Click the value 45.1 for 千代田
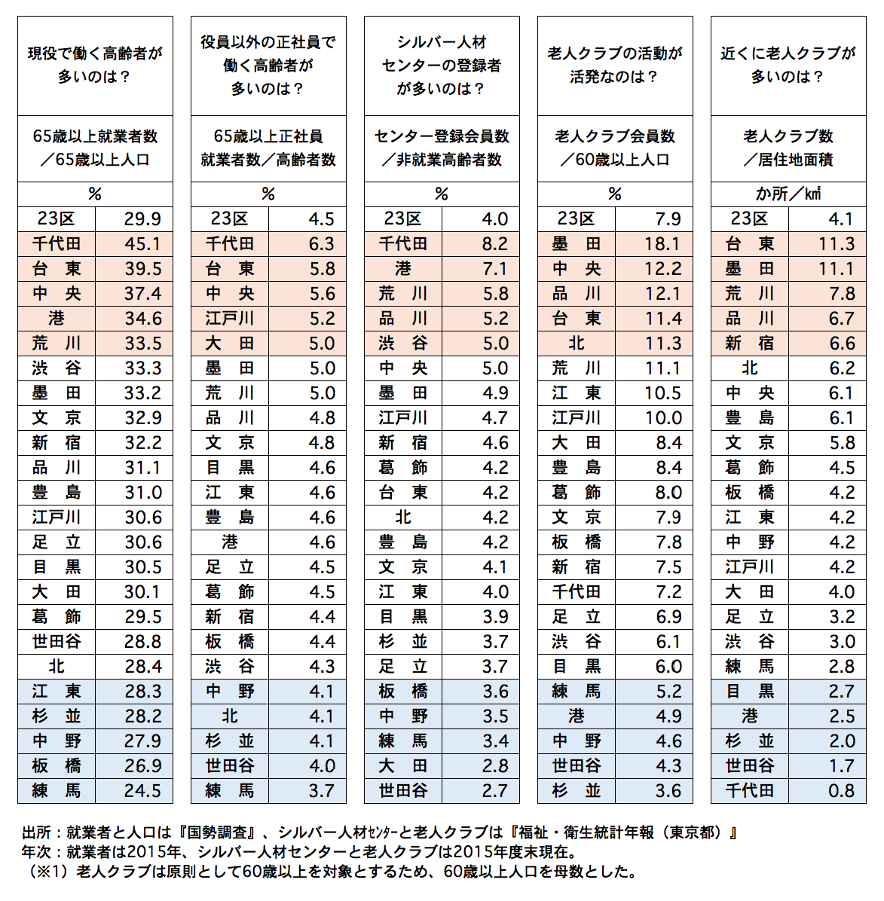click(x=142, y=244)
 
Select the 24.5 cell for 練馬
click(x=142, y=791)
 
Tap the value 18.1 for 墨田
click(x=662, y=244)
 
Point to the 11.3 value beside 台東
click(x=836, y=244)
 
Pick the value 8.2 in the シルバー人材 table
click(x=494, y=244)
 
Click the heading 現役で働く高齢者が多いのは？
click(x=95, y=65)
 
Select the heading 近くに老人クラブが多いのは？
click(x=788, y=65)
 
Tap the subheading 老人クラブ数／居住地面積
click(x=788, y=148)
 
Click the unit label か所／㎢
click(x=788, y=194)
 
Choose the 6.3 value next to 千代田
click(x=322, y=244)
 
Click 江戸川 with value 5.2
click(x=230, y=319)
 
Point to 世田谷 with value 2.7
click(x=403, y=791)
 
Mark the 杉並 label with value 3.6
click(x=577, y=791)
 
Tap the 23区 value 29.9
click(x=142, y=219)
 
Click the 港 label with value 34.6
click(x=57, y=319)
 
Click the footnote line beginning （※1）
click(x=332, y=872)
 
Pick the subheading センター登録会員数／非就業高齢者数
click(x=442, y=148)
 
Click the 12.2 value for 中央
click(x=662, y=269)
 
